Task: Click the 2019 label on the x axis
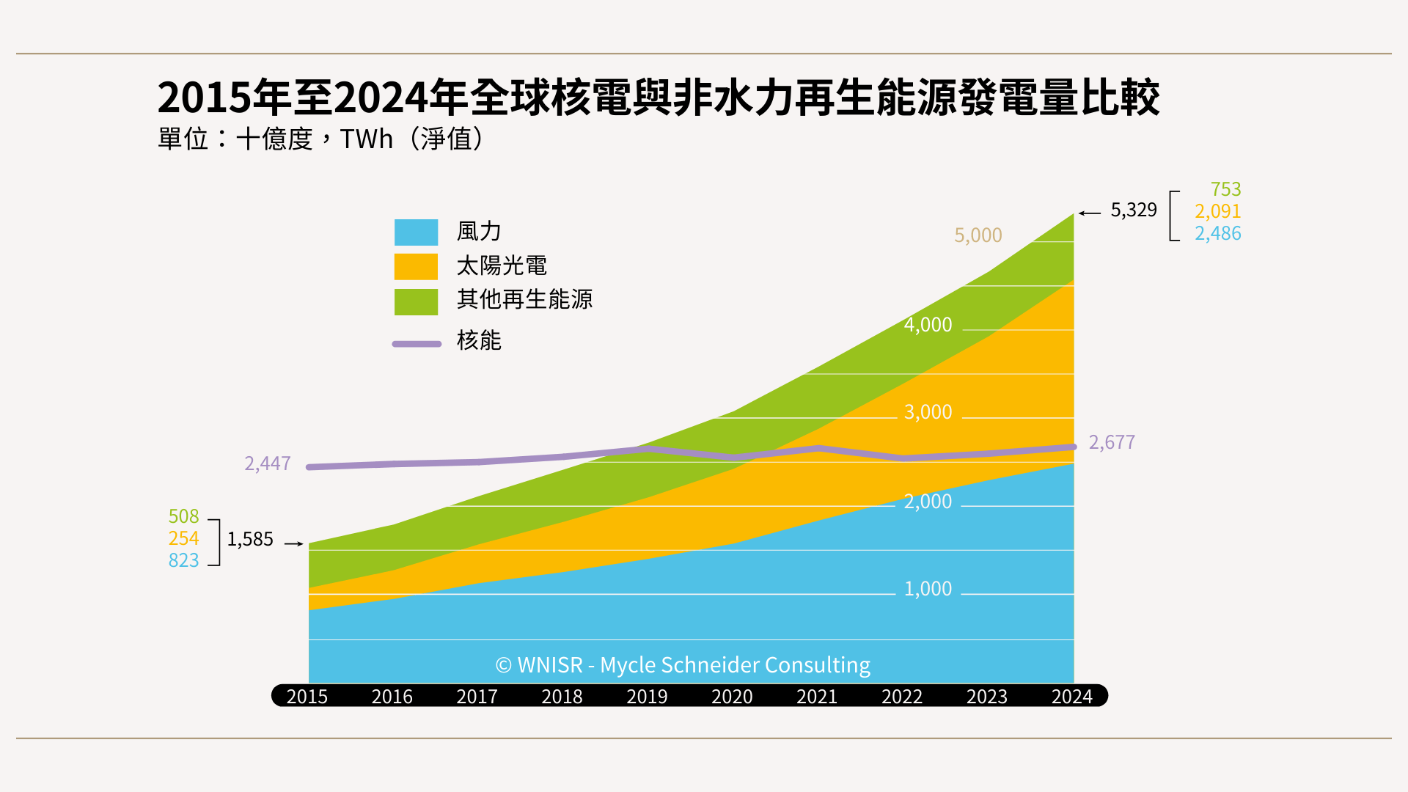pos(647,696)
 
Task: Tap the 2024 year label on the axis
pos(1071,696)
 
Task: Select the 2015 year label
pos(307,696)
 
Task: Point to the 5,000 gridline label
pos(978,235)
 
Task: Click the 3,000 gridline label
pos(928,412)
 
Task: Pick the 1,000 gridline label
pos(928,589)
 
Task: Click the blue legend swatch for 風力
pos(416,232)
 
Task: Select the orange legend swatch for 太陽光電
pos(416,267)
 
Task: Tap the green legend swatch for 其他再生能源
pos(416,301)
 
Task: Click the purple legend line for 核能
pos(417,344)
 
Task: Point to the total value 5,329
pos(1133,210)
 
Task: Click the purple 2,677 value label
pos(1111,442)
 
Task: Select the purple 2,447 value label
pos(267,463)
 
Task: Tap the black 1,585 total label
pos(250,539)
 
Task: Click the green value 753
pos(1225,189)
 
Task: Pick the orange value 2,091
pos(1217,211)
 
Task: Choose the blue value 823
pos(183,560)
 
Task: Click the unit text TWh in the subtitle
pos(367,139)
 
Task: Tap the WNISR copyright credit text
pos(683,665)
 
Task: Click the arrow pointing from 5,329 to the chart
pos(1090,213)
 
